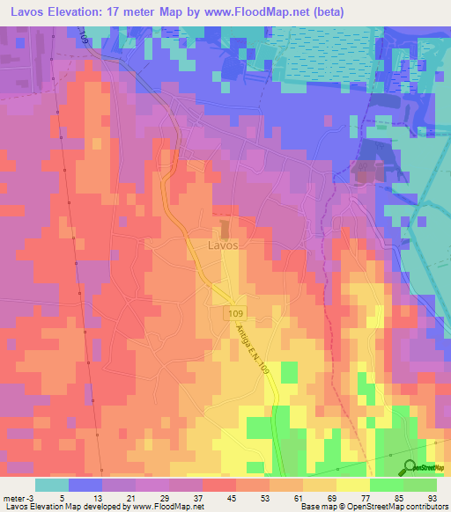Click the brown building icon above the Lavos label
(224, 230)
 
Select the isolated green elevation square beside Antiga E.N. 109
(289, 372)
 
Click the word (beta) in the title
(325, 12)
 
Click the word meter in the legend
(13, 497)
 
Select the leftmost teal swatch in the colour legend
(52, 485)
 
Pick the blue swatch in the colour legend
(85, 485)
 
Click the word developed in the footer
(105, 507)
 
